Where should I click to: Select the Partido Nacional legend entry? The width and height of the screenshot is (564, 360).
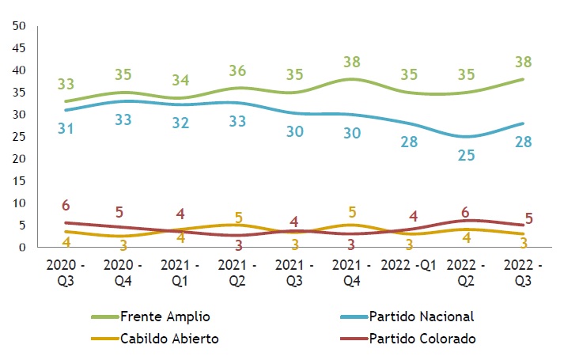click(x=420, y=316)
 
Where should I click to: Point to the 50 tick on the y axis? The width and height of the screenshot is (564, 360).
click(x=21, y=26)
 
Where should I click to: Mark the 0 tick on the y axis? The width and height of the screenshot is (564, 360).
click(x=24, y=248)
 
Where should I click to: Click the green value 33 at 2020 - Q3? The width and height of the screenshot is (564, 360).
click(x=66, y=84)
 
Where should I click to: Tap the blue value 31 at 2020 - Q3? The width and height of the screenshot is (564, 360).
click(x=66, y=128)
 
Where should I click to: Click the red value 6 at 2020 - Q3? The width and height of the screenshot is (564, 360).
click(x=66, y=206)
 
